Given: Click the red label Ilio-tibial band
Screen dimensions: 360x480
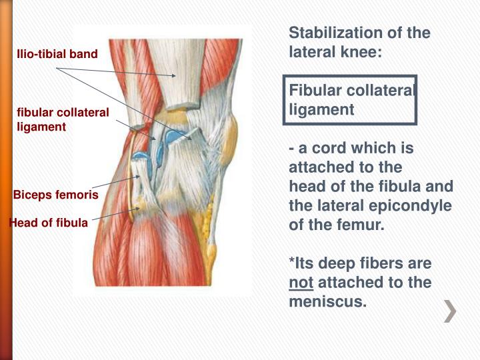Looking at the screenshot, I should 57,53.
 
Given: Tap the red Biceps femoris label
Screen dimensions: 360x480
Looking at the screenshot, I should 56,195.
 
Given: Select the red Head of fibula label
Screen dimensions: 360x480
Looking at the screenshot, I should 48,223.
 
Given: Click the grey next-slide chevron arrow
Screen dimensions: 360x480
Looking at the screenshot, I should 451,311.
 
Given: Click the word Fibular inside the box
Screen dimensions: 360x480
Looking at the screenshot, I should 314,90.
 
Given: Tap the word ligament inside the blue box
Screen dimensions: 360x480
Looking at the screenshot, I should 321,109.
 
